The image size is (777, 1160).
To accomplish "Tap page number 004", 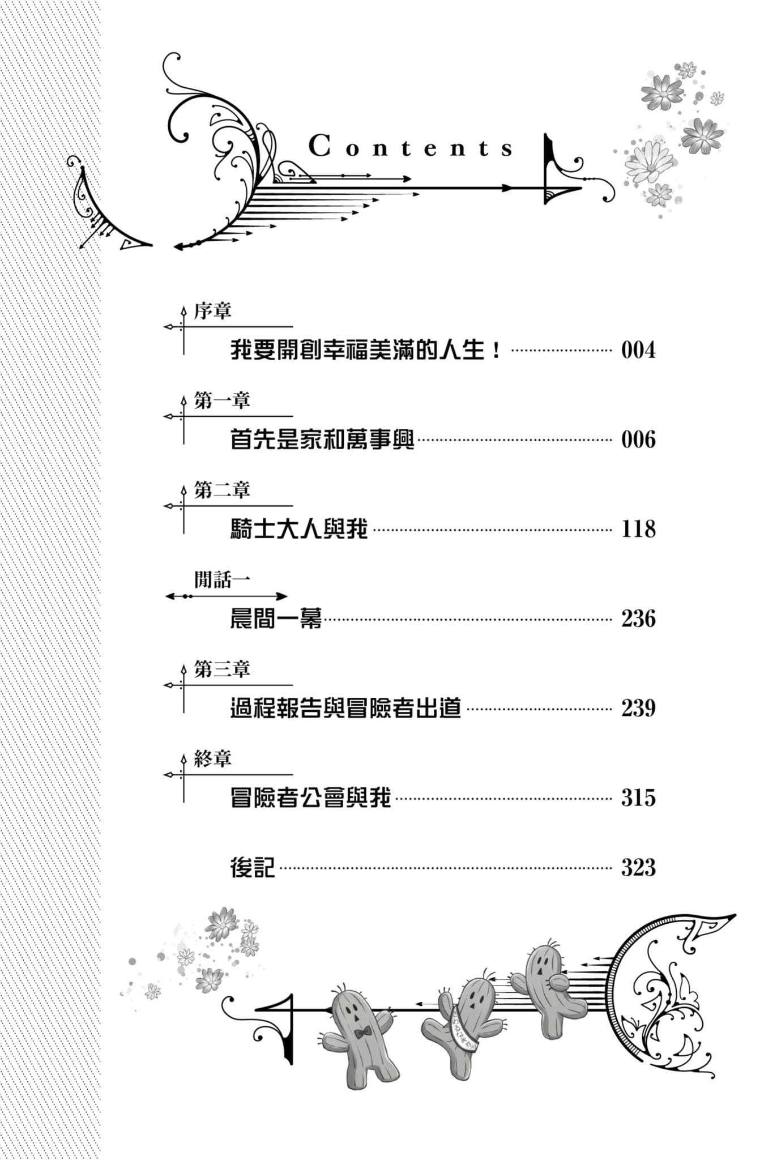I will coord(638,350).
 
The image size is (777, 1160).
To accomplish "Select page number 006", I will coord(638,440).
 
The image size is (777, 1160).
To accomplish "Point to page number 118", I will coord(638,529).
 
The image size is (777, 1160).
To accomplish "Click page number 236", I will coord(638,619).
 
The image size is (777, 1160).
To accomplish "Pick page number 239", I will coord(638,708).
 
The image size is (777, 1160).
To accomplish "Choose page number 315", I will coord(638,797).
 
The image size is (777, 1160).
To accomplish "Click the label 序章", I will coord(212,311).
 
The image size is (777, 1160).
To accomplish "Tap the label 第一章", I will coord(221,401).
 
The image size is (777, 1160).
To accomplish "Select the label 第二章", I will coord(221,491).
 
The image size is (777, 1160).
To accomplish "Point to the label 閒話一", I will coord(221,579).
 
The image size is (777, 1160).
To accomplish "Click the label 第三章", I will coord(221,669).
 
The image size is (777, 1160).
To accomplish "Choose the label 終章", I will coord(212,759).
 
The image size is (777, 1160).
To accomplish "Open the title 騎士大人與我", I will coord(299,529).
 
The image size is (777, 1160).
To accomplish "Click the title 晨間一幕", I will coord(276,619).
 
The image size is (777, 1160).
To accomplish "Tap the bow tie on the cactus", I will coord(362,1032).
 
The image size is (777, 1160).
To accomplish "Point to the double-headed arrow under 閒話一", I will coord(227,596).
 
